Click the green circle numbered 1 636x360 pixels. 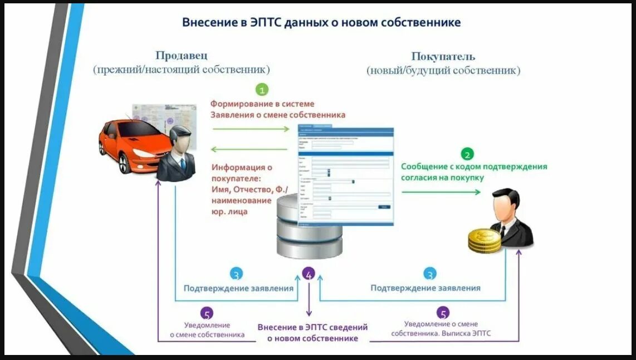coord(262,89)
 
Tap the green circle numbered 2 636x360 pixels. coord(467,154)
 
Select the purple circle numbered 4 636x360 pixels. coord(309,274)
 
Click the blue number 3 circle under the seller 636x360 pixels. coord(236,274)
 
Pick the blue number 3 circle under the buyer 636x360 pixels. coord(429,274)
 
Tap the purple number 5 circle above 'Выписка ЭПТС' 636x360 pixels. coord(443,313)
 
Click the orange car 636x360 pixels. coord(128,144)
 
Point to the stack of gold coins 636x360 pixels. coord(482,240)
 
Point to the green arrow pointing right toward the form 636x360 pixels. coord(251,129)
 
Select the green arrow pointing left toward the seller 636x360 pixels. coord(251,149)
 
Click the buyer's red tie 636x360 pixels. coord(502,230)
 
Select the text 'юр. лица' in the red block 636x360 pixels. coord(229,212)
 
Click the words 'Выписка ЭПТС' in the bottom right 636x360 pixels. coord(467,334)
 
